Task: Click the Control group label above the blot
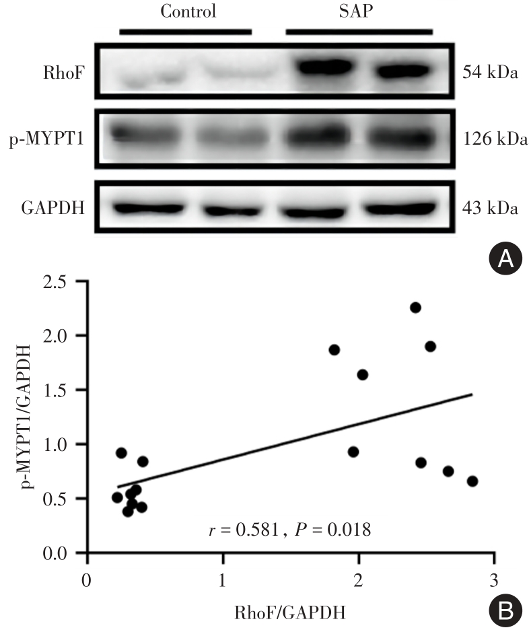point(188,11)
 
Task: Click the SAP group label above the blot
point(359,11)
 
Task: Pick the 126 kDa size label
point(494,141)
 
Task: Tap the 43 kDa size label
point(491,208)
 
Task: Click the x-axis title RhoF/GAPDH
point(291,612)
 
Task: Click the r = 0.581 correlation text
point(244,530)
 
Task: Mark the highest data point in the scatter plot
point(415,308)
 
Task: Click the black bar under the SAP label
point(359,31)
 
